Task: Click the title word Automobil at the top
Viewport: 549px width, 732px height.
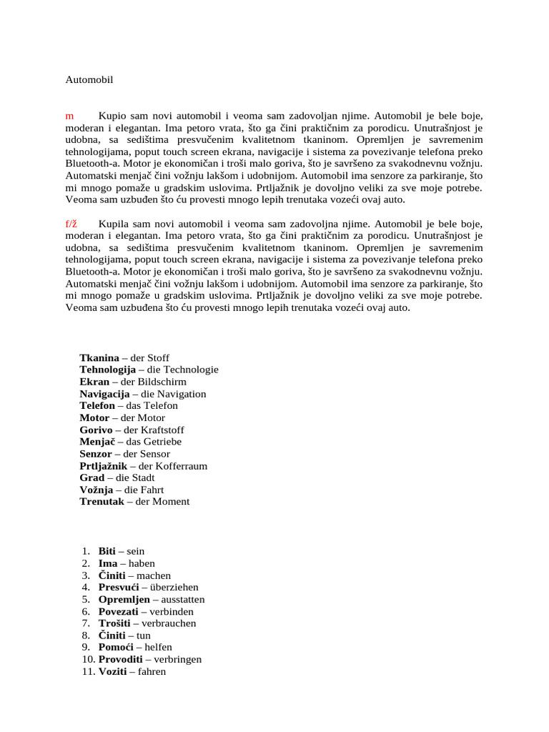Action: pos(89,79)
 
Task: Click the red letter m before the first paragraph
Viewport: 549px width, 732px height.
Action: pos(69,115)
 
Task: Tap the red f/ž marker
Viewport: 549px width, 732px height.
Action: pos(71,224)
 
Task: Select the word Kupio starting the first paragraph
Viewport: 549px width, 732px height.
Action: pos(113,115)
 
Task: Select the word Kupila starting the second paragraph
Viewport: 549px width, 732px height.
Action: pos(115,224)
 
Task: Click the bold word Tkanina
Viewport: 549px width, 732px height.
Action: pos(99,357)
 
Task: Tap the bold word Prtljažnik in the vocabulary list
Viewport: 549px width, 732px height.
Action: pos(103,465)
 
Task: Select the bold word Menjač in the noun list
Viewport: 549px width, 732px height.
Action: pos(95,442)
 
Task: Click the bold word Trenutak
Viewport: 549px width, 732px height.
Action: pos(100,501)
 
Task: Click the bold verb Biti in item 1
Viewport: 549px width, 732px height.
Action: pos(107,551)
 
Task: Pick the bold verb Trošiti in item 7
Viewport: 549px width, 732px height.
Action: pos(113,623)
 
